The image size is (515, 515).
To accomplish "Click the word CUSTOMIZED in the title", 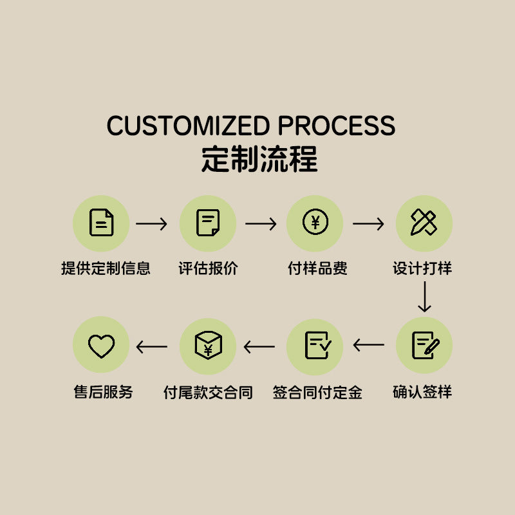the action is (188, 126).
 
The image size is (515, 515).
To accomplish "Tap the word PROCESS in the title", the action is (336, 126).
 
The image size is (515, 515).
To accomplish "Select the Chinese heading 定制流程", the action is (259, 159).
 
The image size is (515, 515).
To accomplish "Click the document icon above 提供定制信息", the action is (101, 222).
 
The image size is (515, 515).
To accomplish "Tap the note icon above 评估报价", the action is (207, 222).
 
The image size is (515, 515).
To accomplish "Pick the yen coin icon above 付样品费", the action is (315, 221).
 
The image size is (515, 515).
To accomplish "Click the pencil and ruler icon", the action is (424, 222).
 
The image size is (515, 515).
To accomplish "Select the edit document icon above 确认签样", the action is (426, 345).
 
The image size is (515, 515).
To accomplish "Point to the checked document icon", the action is (318, 345).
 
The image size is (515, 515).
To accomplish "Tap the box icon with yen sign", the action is (208, 345).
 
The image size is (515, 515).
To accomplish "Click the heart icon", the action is (102, 346).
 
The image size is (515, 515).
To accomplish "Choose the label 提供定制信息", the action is (106, 268).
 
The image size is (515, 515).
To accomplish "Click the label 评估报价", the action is (208, 268).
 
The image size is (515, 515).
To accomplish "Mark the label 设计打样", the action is (422, 268).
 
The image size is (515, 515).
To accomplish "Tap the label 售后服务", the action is (103, 392).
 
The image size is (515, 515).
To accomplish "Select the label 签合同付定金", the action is (317, 392).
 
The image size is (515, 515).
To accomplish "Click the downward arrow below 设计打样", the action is (424, 297).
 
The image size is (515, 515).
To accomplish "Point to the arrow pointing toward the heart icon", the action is (152, 347).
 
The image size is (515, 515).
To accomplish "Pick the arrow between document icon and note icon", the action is (151, 223).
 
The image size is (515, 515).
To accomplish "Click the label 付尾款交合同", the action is (208, 392).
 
